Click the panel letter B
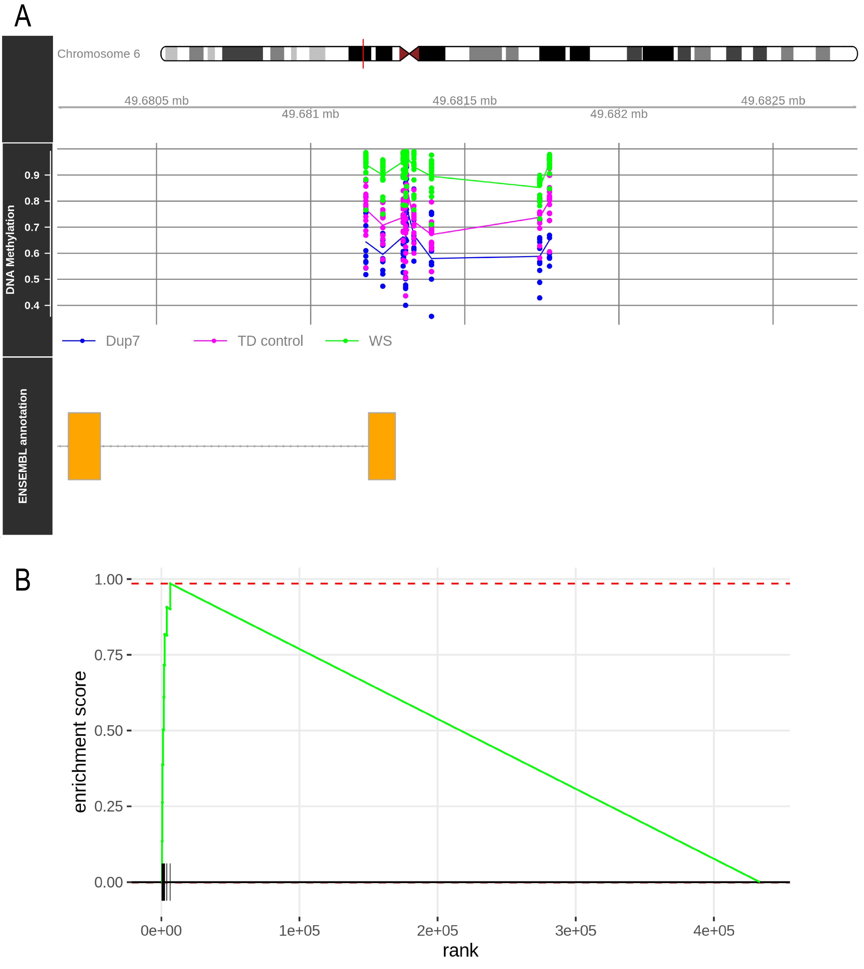point(23,580)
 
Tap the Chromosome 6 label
point(99,54)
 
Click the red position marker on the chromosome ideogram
point(363,54)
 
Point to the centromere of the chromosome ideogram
point(409,54)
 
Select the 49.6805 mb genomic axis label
point(157,101)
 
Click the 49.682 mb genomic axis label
point(619,114)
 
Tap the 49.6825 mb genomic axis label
point(773,101)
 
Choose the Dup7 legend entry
point(101,341)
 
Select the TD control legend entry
point(248,341)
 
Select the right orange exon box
point(382,446)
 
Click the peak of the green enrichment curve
point(170,583)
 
